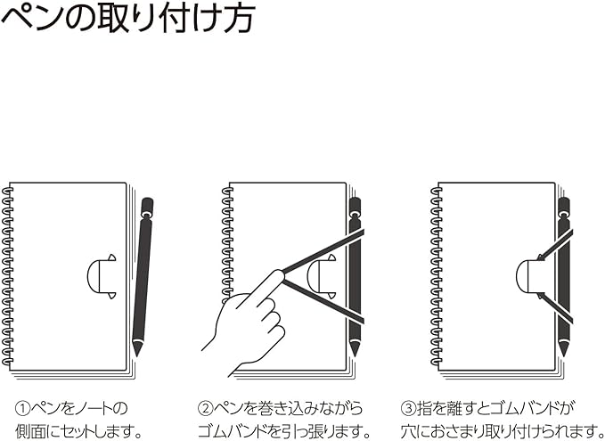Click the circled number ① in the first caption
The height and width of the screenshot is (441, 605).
tap(26, 408)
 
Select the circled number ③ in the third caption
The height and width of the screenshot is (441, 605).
tap(409, 408)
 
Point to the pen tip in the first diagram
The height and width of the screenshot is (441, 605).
tap(137, 349)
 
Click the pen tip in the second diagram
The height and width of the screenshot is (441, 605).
tap(354, 349)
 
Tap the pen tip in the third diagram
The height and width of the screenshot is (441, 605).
tap(563, 349)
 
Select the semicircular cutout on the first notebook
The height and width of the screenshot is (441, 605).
tap(101, 275)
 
